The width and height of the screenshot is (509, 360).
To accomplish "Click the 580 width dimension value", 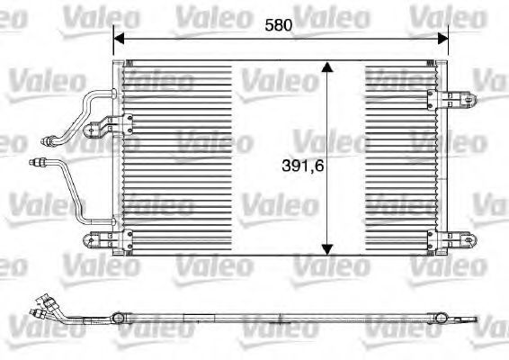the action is click(278, 25).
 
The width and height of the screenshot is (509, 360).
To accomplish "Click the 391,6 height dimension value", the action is click(303, 166).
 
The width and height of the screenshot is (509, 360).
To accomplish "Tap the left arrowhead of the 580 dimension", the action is click(119, 39).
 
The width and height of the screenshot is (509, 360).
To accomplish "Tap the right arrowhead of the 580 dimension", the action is click(442, 39).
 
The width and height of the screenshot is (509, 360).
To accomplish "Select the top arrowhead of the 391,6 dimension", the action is click(327, 67).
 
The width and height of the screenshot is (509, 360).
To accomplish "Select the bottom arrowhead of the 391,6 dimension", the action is click(327, 249).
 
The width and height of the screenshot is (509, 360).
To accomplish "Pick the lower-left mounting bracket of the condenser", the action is click(108, 240).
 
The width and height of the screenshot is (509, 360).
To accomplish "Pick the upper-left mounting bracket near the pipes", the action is click(108, 125).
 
